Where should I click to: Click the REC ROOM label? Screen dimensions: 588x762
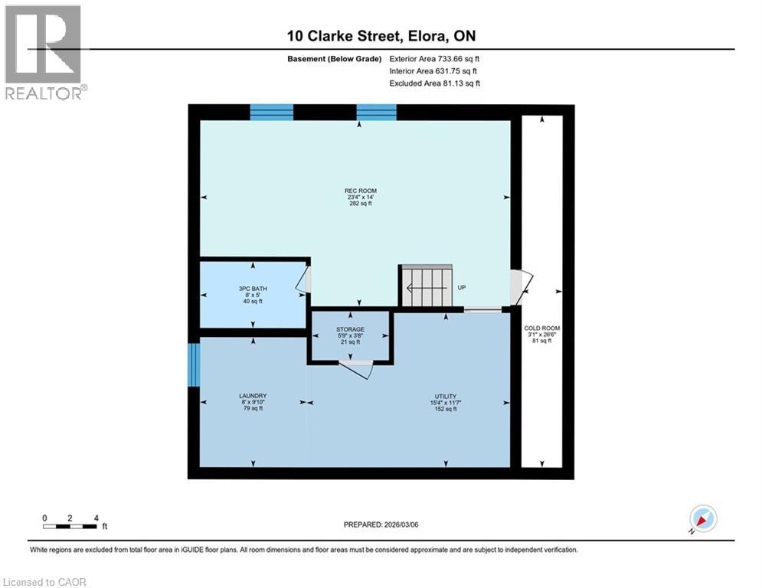pos(360,191)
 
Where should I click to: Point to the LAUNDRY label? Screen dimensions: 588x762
pos(252,396)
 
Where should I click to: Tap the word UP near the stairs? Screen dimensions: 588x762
pos(462,288)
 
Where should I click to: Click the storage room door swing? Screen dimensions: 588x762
pos(358,369)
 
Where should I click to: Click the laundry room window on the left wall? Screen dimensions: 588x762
pos(194,365)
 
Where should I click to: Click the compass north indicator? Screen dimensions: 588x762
pos(702,519)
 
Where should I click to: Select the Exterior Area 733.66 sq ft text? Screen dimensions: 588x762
pos(434,58)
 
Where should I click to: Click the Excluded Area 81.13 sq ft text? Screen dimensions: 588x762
pos(434,83)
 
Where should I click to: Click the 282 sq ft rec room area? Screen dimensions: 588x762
pos(360,204)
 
